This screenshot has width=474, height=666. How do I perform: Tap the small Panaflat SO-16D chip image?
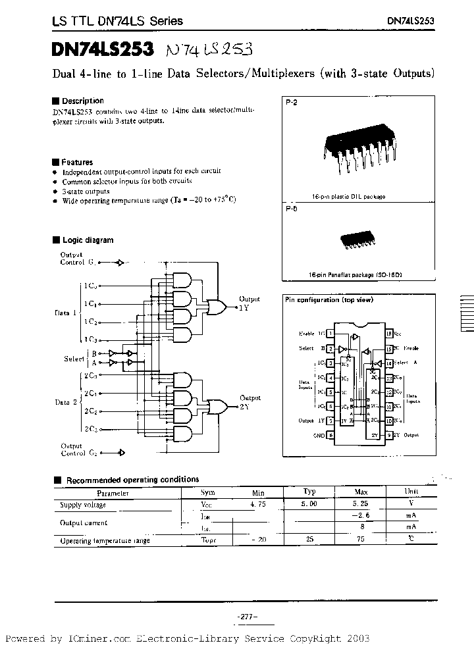(x=359, y=240)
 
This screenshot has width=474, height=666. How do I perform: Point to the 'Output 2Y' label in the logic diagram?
(x=249, y=402)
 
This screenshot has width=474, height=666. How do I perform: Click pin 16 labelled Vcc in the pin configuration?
(x=389, y=334)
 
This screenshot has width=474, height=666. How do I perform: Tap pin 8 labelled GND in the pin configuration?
(x=330, y=435)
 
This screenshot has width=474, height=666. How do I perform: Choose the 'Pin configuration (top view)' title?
(x=329, y=299)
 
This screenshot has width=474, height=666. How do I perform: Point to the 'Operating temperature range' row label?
(x=105, y=540)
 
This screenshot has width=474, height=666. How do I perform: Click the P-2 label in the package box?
(x=292, y=104)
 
